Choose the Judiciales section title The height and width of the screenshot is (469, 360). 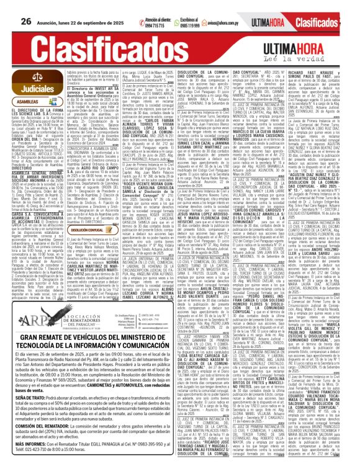pos(32,90)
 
